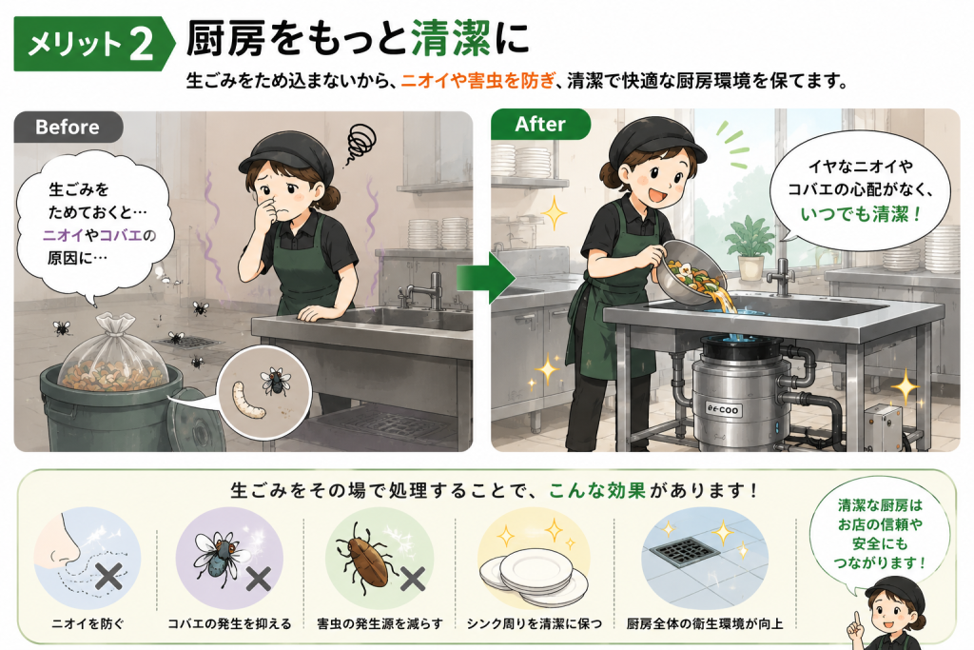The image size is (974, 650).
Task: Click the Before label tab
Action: tap(68, 127)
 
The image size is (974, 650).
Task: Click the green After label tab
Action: tap(540, 125)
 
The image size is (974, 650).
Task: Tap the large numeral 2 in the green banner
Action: tap(141, 44)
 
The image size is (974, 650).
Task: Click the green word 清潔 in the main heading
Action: tap(450, 38)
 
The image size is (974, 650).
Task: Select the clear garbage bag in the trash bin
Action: tap(113, 353)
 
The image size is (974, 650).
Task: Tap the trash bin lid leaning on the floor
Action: tap(191, 421)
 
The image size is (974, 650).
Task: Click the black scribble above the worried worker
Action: tap(360, 143)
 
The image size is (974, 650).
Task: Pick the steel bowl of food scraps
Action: tap(689, 272)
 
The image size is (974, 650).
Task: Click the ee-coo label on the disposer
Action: tap(724, 409)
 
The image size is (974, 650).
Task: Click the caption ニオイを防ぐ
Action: tap(88, 623)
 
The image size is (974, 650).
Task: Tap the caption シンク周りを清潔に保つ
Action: tap(535, 623)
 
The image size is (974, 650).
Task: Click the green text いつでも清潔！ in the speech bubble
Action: tap(860, 214)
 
